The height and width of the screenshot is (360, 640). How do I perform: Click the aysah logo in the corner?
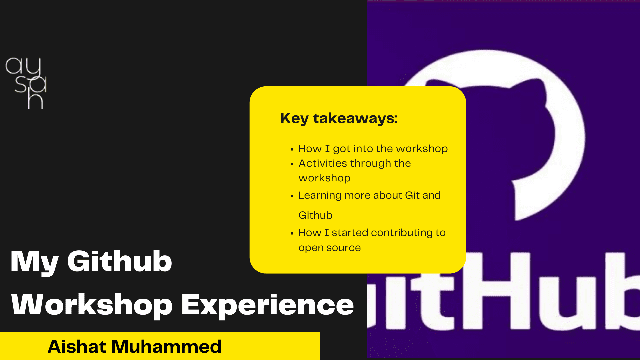26,83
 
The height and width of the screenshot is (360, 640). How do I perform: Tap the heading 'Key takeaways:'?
339,119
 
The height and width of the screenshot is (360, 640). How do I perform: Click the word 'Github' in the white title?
119,261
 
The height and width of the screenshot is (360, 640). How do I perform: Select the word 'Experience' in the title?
267,305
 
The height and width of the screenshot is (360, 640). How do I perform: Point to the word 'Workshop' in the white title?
92,305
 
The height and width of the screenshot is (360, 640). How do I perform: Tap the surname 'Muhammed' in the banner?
166,346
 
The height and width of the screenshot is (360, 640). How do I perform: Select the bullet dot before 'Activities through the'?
292,164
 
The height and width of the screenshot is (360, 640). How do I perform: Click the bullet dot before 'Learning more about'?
292,196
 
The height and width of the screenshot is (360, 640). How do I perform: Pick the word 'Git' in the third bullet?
412,195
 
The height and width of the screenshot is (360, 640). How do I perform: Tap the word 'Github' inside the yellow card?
315,215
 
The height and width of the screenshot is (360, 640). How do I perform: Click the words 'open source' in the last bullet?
330,248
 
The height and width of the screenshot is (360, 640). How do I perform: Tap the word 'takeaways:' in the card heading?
355,118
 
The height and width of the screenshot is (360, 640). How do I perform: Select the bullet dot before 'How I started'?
292,233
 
